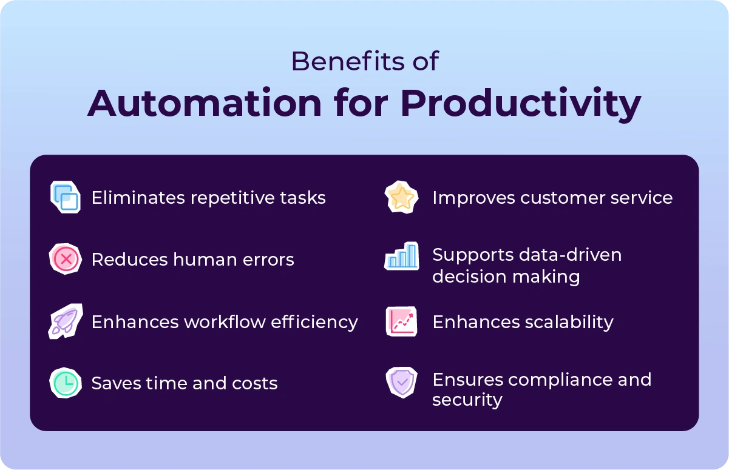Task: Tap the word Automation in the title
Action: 205,103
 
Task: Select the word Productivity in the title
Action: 520,104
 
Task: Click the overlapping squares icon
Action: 66,197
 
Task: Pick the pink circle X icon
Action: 66,260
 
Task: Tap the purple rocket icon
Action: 65,321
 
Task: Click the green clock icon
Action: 65,383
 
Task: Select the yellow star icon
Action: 402,197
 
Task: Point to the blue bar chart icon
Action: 402,257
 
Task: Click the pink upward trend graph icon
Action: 402,321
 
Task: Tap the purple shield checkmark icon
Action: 402,383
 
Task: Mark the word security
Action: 467,400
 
